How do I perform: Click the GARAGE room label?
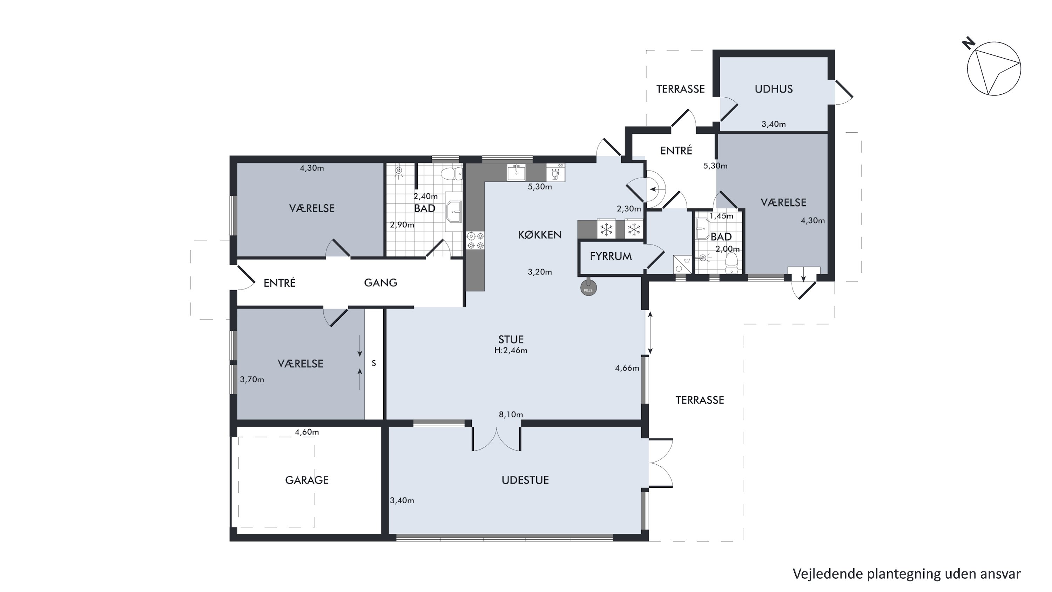tap(307, 480)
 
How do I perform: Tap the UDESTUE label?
tap(525, 480)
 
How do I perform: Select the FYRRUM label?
tap(611, 256)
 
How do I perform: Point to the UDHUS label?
tap(774, 89)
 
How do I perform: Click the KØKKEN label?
tap(540, 234)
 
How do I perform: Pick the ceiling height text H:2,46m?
tap(511, 351)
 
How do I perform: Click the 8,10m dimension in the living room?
tap(511, 414)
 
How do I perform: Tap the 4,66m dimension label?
tap(627, 368)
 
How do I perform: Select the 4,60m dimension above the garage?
tap(307, 432)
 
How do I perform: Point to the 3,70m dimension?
tap(252, 380)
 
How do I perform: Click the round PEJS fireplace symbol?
tap(588, 288)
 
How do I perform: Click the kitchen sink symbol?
tap(517, 172)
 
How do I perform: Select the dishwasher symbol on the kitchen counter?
tap(555, 172)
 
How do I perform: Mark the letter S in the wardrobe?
tap(374, 363)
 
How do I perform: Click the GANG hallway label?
tap(380, 283)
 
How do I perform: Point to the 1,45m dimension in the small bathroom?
tap(721, 216)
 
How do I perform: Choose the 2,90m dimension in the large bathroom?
tap(402, 225)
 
